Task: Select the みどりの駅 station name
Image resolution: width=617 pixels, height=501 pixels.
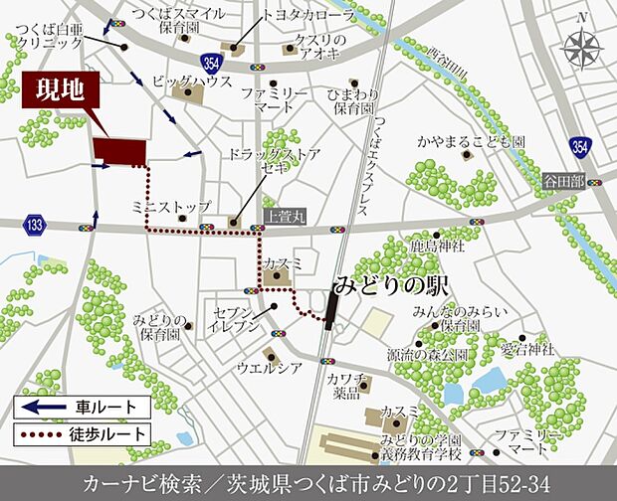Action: coord(390,284)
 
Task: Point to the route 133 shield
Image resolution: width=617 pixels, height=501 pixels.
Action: coord(36,226)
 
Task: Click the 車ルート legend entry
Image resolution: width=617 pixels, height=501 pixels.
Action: coord(82,407)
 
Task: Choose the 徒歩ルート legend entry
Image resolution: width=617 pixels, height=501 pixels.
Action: coord(82,434)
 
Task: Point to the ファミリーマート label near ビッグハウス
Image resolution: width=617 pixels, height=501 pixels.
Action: coord(274,98)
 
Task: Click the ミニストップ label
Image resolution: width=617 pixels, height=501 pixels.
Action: coord(171,206)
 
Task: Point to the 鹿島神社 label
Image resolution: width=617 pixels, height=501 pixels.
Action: coord(438,246)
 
